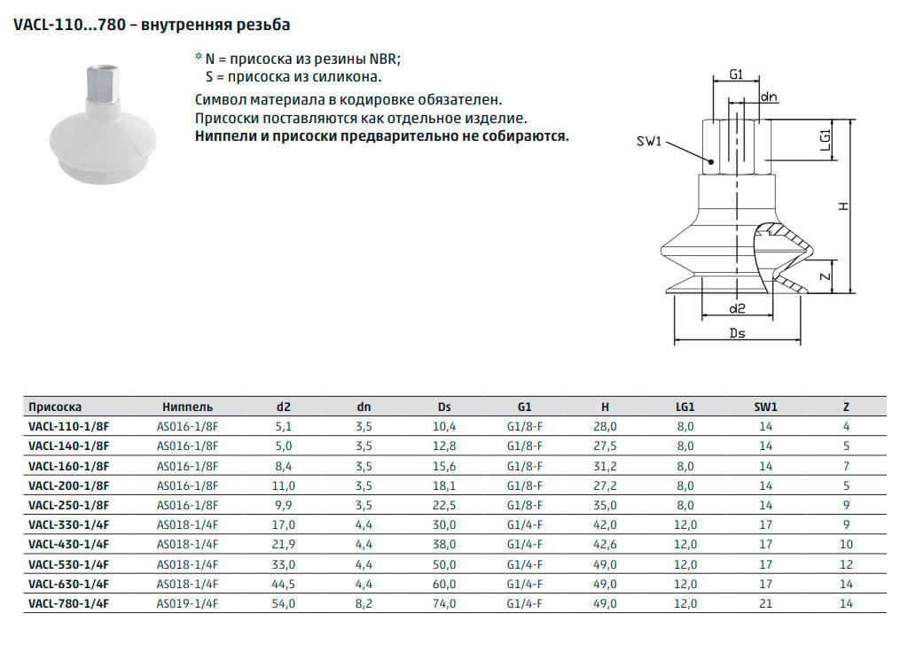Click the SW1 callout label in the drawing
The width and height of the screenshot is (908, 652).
[648, 141]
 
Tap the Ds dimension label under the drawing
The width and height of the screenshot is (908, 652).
[737, 333]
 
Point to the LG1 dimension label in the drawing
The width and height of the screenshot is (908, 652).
[826, 139]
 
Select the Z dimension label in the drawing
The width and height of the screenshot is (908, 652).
[826, 276]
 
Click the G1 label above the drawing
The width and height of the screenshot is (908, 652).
[736, 74]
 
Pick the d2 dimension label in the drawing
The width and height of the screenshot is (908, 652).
[737, 309]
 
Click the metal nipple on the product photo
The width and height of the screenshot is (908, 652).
[103, 84]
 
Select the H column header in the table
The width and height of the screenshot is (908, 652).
[605, 407]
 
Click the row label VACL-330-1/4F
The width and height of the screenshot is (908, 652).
[69, 524]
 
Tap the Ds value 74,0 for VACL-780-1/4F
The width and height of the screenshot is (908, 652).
[444, 603]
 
